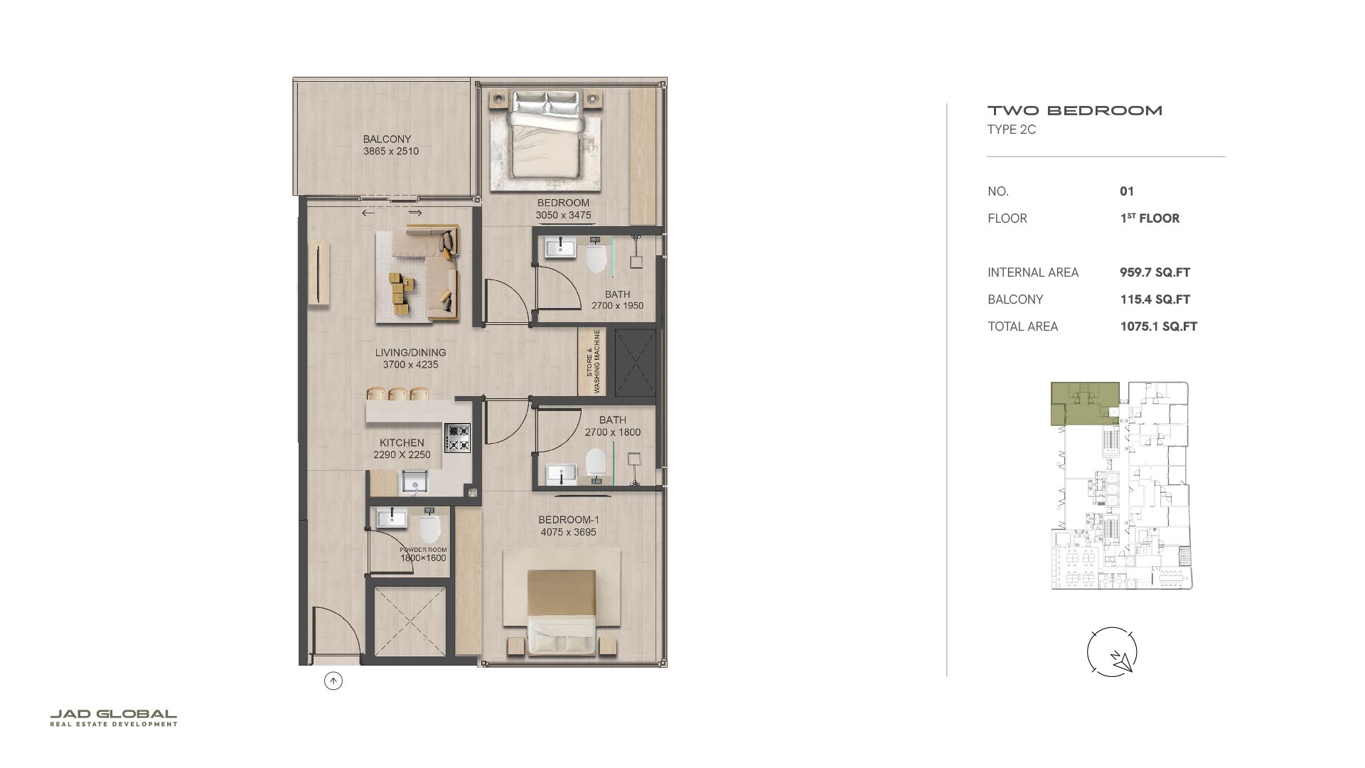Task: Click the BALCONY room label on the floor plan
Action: click(387, 139)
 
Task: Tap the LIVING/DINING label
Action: click(411, 353)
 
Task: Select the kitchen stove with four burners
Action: click(457, 438)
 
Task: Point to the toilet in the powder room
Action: click(431, 527)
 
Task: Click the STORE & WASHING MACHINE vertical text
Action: click(593, 361)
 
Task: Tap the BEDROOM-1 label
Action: click(568, 520)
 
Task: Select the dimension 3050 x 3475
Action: click(563, 215)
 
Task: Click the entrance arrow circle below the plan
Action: click(333, 681)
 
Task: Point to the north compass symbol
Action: click(1112, 651)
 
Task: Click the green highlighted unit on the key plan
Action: click(1084, 403)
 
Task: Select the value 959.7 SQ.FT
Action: click(1155, 272)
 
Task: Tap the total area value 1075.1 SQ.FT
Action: click(1158, 326)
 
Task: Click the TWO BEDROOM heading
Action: click(1075, 110)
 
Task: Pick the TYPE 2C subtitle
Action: click(1012, 129)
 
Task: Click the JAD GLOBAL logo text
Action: click(113, 714)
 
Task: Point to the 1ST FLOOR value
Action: click(1150, 218)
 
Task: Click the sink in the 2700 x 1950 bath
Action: click(561, 248)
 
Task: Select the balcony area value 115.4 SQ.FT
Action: click(1155, 299)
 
